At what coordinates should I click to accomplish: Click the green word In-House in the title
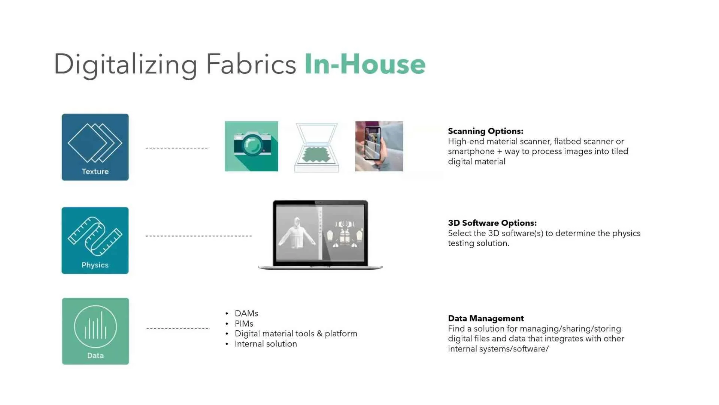pos(365,64)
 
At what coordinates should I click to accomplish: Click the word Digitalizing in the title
pos(125,64)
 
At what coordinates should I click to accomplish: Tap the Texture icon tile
pos(95,147)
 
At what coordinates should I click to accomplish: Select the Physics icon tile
pos(95,240)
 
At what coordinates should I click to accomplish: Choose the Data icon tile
pos(95,331)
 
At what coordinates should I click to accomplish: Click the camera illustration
pos(251,146)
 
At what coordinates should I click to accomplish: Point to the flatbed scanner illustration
pos(317,148)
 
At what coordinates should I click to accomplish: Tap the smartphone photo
pos(379,146)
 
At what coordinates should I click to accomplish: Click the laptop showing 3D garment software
pos(320,234)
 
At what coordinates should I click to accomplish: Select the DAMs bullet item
pos(246,313)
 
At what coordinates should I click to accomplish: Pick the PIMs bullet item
pos(244,324)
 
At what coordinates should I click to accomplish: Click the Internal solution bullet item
pos(266,344)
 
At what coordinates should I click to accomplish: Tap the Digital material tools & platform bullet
pos(296,334)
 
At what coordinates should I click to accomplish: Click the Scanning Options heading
pos(485,131)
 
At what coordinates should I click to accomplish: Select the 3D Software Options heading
pos(492,223)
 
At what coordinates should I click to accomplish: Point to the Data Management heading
pos(486,318)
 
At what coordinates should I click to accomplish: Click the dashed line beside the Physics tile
pos(198,236)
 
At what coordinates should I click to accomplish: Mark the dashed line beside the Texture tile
pos(176,148)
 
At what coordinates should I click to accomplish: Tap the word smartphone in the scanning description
pos(471,151)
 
